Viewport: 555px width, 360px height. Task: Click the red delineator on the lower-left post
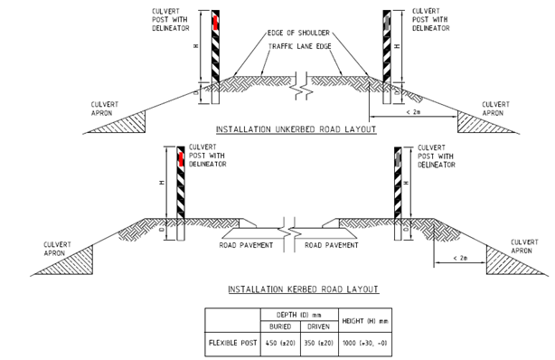pos(181,158)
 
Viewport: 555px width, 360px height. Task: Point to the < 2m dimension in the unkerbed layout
pos(412,111)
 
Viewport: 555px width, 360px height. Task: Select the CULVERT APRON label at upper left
pos(106,109)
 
